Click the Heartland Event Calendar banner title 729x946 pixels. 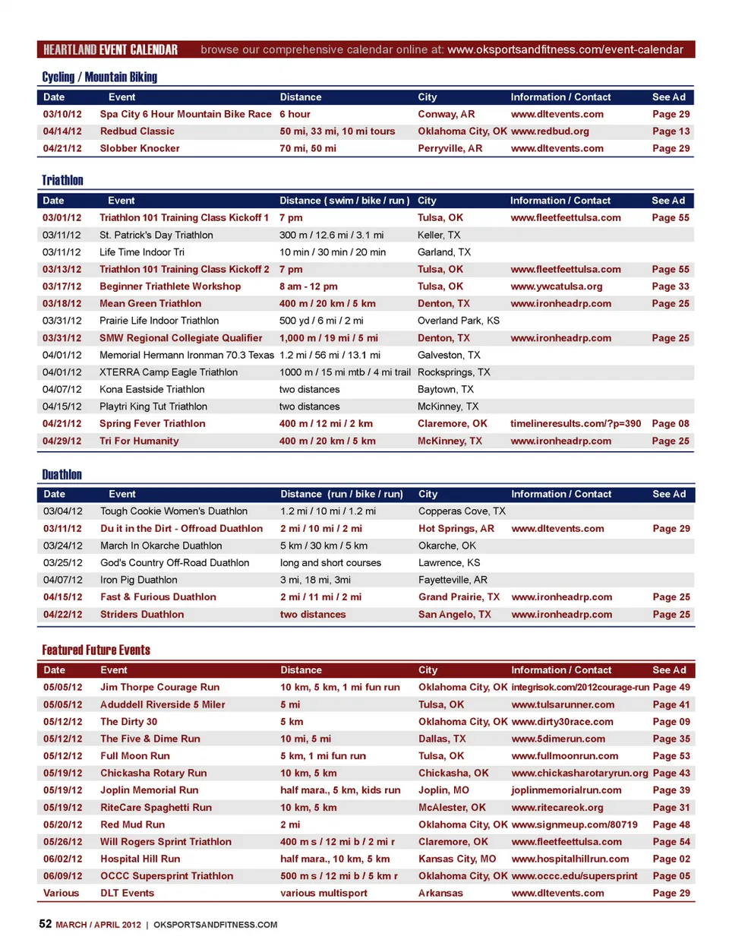pos(110,50)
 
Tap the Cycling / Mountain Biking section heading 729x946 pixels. pos(99,77)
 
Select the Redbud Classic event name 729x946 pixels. pos(137,131)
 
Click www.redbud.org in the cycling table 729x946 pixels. pos(550,131)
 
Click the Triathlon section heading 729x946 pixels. pos(62,180)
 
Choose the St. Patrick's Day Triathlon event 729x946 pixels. pos(156,236)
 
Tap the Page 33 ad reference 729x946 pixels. pos(671,286)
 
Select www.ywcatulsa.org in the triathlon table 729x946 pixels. pos(556,286)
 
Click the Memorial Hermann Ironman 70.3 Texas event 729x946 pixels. pos(186,356)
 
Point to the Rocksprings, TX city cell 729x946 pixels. pos(453,372)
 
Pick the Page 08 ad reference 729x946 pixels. pos(671,424)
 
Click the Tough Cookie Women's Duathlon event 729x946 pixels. pos(173,511)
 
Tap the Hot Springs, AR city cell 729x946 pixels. pos(456,529)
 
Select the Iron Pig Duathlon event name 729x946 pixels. pos(138,580)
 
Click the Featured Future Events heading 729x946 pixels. pos(96,650)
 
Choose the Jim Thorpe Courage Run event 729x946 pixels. pos(159,688)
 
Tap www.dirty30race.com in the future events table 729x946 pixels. pos(562,722)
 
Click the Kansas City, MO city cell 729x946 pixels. pos(456,859)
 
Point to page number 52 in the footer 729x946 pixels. pos(46,924)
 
